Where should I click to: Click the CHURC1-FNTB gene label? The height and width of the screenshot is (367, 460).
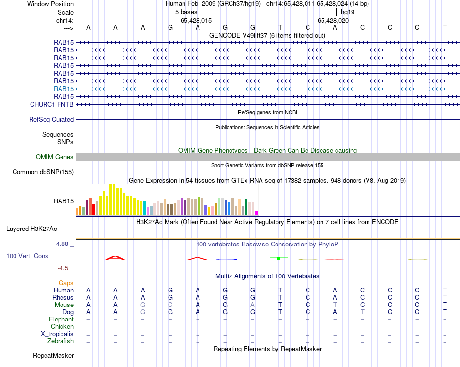51,104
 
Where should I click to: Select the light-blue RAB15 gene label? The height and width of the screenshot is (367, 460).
64,89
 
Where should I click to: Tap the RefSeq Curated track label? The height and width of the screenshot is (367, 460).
51,120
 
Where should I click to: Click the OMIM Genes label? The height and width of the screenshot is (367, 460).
55,157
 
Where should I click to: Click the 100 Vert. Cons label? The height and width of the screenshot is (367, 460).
27,256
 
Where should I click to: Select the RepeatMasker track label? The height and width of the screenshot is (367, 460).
53,356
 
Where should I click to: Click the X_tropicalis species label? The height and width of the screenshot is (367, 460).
57,334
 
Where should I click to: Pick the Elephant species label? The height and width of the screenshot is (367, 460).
61,320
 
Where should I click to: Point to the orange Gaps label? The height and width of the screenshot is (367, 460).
66,283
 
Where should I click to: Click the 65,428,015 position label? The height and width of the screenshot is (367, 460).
196,21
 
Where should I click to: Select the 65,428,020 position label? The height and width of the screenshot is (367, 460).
333,21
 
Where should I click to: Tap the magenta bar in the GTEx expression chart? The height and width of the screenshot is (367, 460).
257,213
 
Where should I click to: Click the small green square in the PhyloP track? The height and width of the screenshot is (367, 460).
279,258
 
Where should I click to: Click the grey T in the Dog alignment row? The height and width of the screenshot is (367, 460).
362,312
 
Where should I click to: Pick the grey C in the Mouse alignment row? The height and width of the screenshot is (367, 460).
170,305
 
